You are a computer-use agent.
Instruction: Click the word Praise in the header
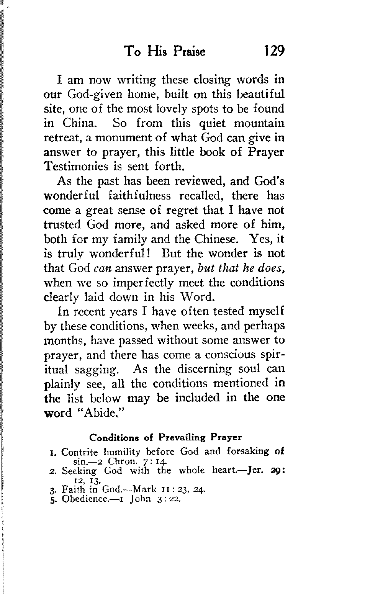point(189,51)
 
